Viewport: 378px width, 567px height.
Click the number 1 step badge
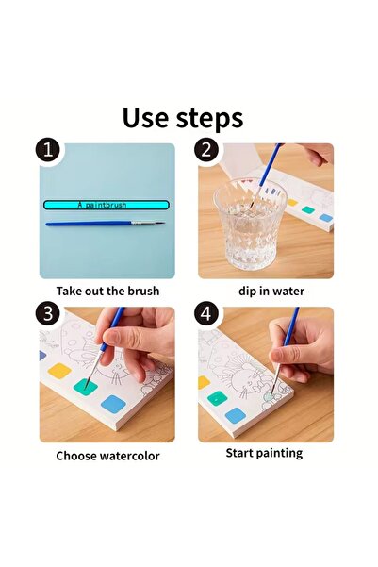tap(48, 149)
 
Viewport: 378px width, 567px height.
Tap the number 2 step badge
tap(206, 149)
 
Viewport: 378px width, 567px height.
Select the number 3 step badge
tap(48, 313)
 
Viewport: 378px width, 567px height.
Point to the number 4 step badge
tap(206, 313)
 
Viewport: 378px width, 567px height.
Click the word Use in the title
tap(145, 118)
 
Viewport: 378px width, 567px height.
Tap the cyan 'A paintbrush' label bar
tap(107, 205)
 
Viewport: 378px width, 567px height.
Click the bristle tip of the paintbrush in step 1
tap(164, 223)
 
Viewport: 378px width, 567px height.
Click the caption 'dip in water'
tap(271, 291)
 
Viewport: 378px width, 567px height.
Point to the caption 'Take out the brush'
tap(107, 291)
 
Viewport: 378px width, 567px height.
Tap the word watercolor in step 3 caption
tap(129, 456)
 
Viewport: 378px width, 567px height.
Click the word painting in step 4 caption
tap(280, 454)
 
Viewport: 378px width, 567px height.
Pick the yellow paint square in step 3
tap(59, 371)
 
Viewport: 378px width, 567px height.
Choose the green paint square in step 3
tap(85, 386)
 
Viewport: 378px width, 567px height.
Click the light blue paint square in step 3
tap(113, 404)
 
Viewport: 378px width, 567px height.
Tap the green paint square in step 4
tap(217, 399)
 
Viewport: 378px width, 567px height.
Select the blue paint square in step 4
tap(236, 415)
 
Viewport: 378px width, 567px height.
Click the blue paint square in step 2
tap(326, 218)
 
